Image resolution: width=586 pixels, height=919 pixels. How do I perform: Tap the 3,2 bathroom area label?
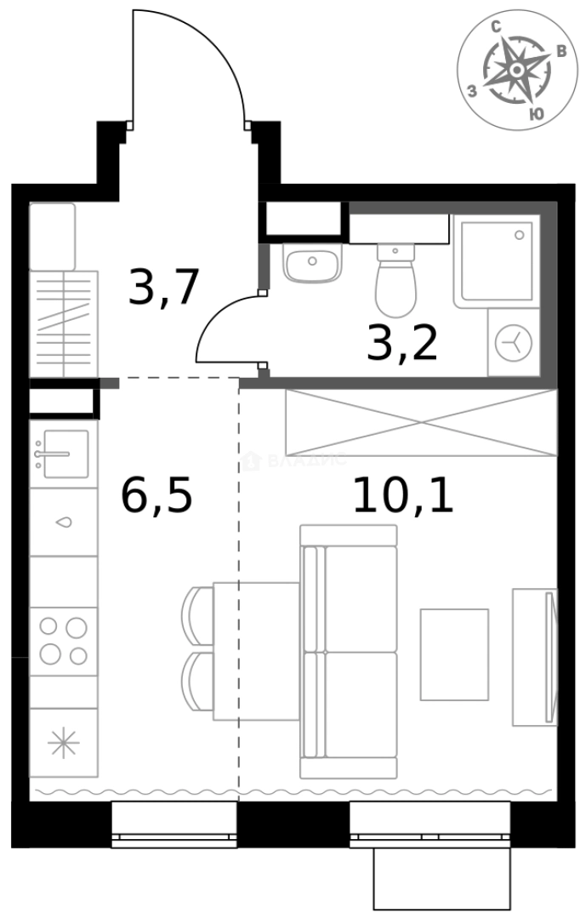click(401, 343)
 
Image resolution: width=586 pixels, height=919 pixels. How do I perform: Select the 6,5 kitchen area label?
click(157, 496)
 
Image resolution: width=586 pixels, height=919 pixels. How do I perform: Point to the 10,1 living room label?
click(403, 496)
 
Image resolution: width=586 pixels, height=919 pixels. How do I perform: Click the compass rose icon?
click(517, 73)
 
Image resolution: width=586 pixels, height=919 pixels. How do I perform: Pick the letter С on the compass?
click(496, 28)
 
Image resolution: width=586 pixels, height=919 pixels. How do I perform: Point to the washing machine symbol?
click(514, 343)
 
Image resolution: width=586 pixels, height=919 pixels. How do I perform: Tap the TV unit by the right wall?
click(534, 656)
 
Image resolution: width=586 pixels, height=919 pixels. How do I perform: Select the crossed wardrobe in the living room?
click(421, 423)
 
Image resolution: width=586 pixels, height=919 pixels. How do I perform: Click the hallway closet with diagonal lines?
click(65, 324)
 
